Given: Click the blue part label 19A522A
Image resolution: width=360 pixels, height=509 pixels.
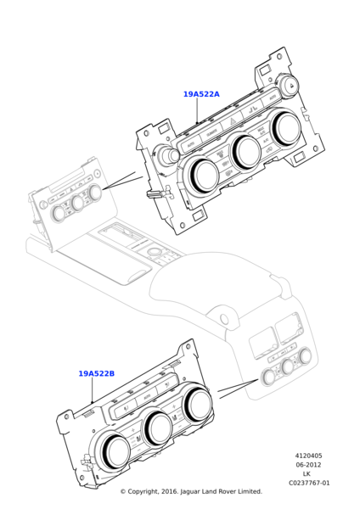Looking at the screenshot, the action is (x=201, y=94).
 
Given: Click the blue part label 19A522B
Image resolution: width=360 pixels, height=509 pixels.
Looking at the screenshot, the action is (x=97, y=373).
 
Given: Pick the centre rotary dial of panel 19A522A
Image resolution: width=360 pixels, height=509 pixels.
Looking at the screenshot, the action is (x=246, y=150).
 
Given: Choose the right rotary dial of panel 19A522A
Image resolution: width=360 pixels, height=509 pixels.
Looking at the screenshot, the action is (x=287, y=127).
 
